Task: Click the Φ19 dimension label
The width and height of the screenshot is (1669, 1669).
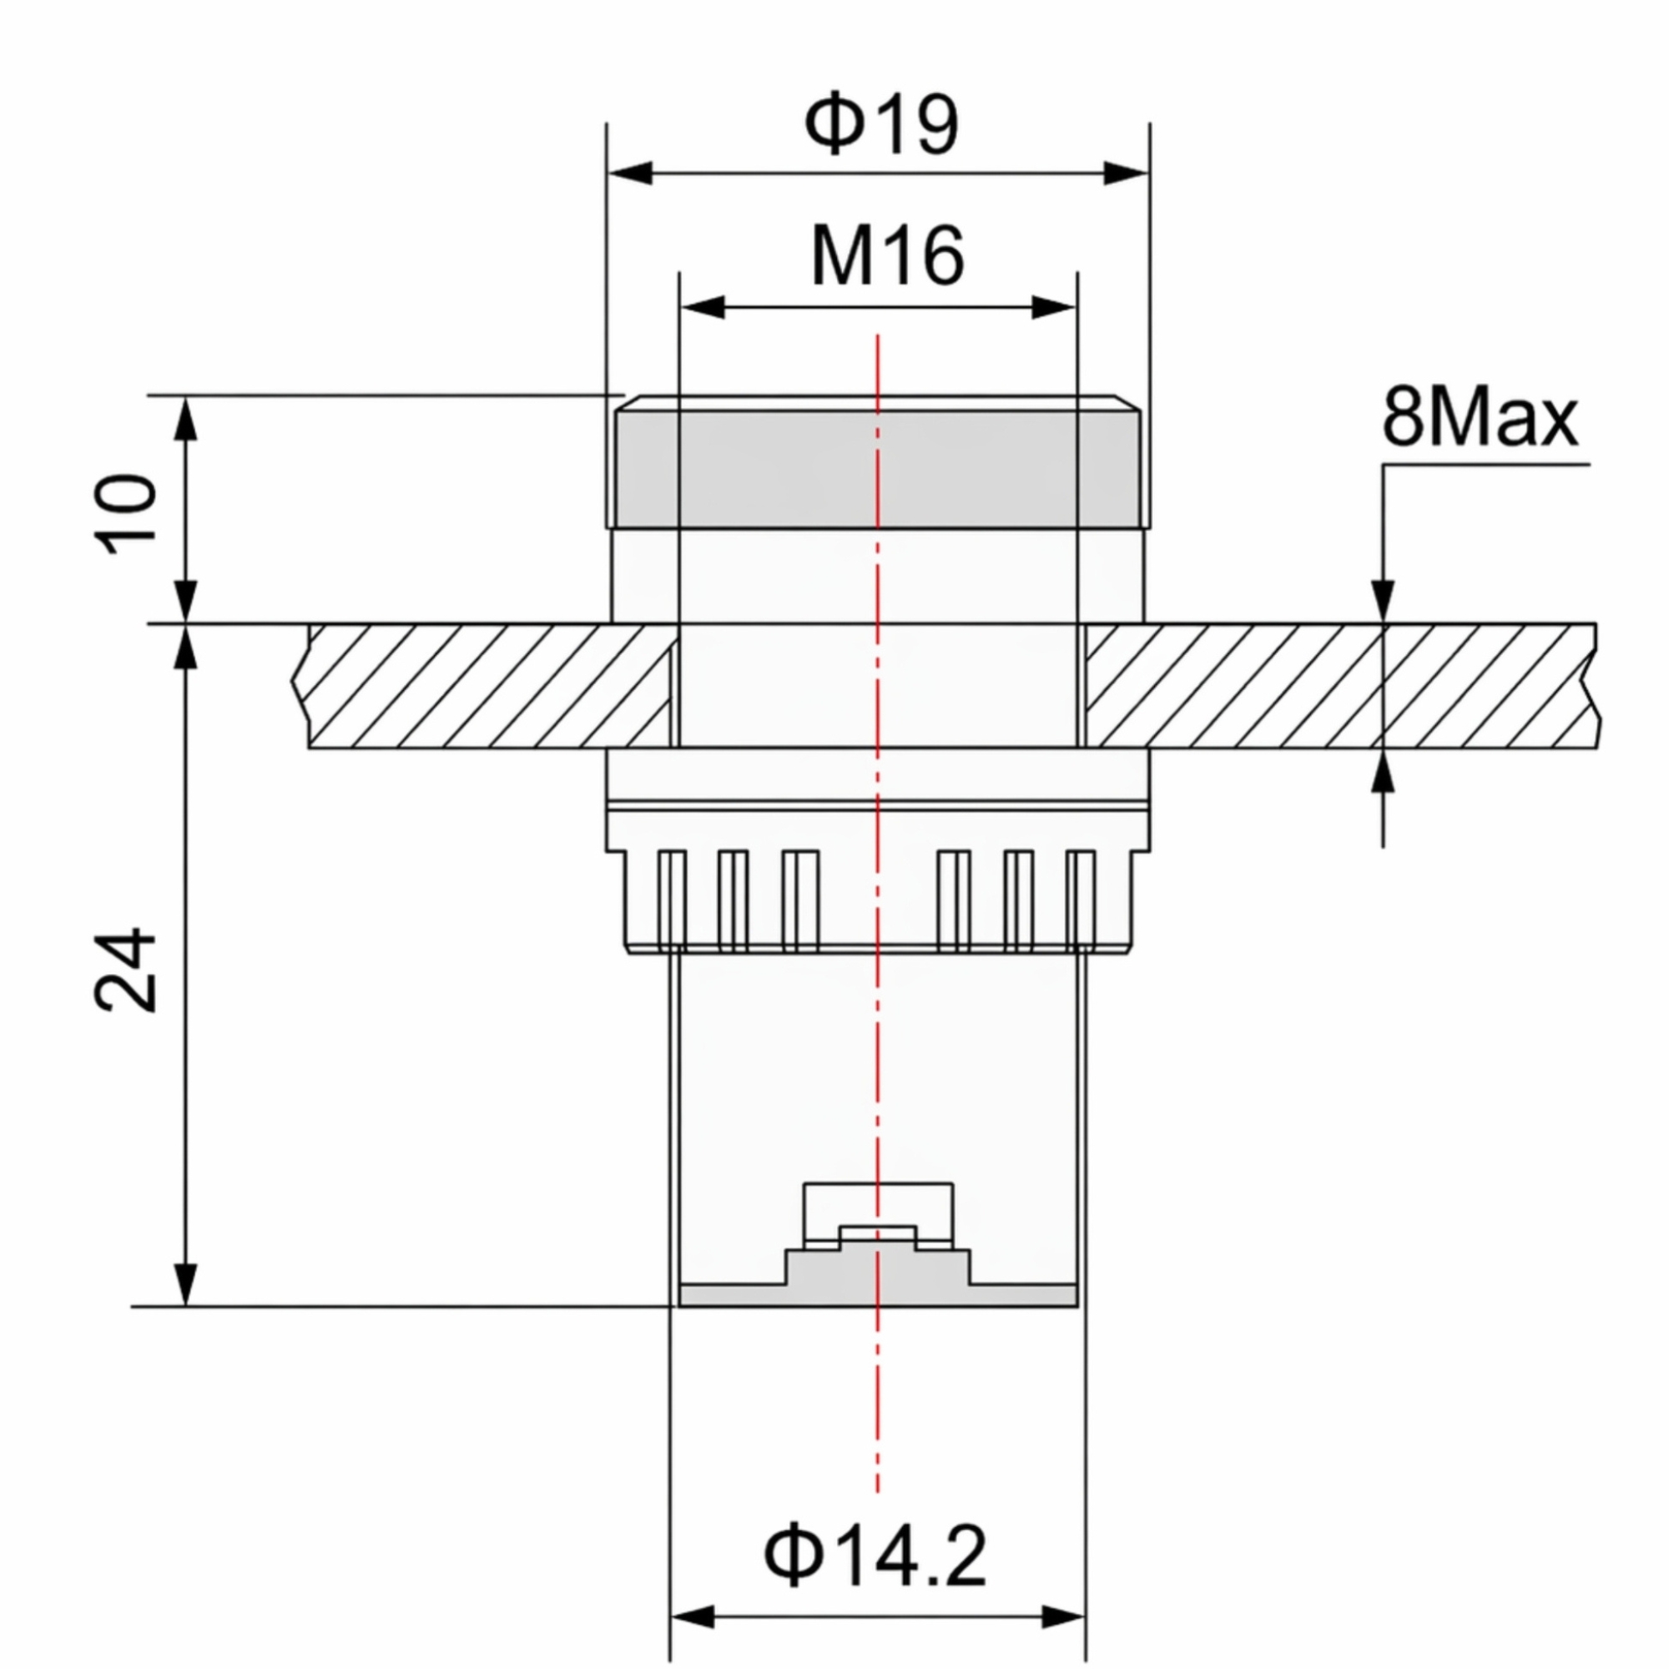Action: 880,126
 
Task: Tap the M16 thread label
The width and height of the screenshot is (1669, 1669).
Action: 887,256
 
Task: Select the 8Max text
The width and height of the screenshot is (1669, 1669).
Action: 1480,419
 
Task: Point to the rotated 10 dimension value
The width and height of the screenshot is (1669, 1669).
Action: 127,513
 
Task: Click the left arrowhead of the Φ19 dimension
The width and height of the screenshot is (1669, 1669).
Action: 630,173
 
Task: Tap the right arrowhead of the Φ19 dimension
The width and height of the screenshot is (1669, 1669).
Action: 1126,173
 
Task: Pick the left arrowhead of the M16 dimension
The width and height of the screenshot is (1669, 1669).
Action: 703,306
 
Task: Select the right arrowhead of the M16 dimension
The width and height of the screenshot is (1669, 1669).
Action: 1054,306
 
